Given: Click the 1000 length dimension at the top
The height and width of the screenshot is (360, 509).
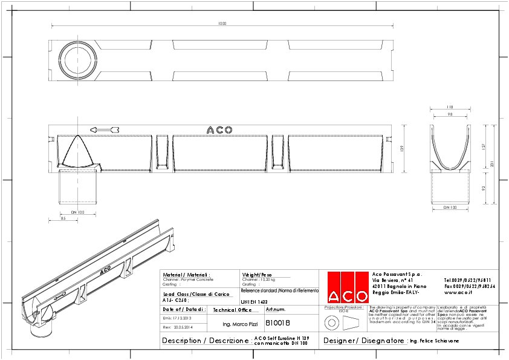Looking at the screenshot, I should tap(222, 24).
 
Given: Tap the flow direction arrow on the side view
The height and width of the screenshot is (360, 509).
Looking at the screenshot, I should tap(105, 129).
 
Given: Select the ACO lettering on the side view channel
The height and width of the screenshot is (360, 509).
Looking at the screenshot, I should tap(219, 129).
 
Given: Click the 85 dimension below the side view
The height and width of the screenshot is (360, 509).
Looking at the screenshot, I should tap(63, 218).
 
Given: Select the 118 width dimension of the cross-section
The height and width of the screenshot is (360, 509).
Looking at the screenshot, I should tap(450, 107).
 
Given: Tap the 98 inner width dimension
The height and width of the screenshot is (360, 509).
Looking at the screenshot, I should tap(450, 114).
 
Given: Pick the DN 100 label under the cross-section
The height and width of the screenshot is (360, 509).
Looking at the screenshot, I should tap(450, 208).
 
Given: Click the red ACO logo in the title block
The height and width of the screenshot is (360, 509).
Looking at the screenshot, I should tap(348, 287).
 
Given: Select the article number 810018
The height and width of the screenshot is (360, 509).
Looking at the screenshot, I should tap(278, 324).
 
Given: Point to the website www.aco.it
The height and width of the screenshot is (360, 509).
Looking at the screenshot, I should tap(461, 292).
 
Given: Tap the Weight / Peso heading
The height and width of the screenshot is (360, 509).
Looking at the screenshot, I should tap(257, 274).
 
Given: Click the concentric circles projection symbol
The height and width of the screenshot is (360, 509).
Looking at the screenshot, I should tap(330, 323).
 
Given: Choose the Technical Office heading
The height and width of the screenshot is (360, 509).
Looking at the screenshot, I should tap(232, 310).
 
